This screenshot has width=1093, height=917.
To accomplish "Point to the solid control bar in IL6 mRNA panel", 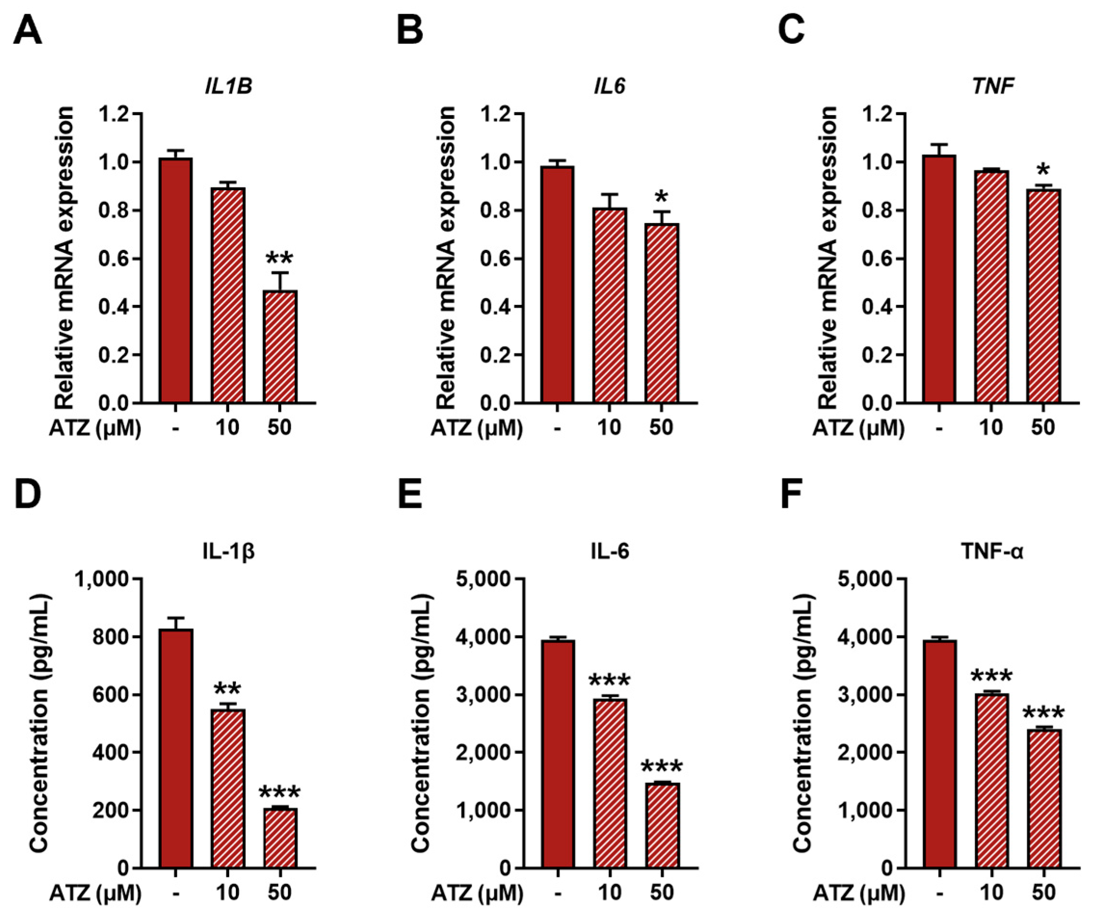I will click(x=558, y=285).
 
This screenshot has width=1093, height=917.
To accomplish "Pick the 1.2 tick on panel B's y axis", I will click(x=494, y=114).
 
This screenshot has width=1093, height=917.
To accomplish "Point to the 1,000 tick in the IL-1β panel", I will click(x=102, y=579).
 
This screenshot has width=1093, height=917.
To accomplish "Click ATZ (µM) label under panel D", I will click(x=96, y=893).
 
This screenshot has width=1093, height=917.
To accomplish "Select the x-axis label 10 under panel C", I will click(x=991, y=428).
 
